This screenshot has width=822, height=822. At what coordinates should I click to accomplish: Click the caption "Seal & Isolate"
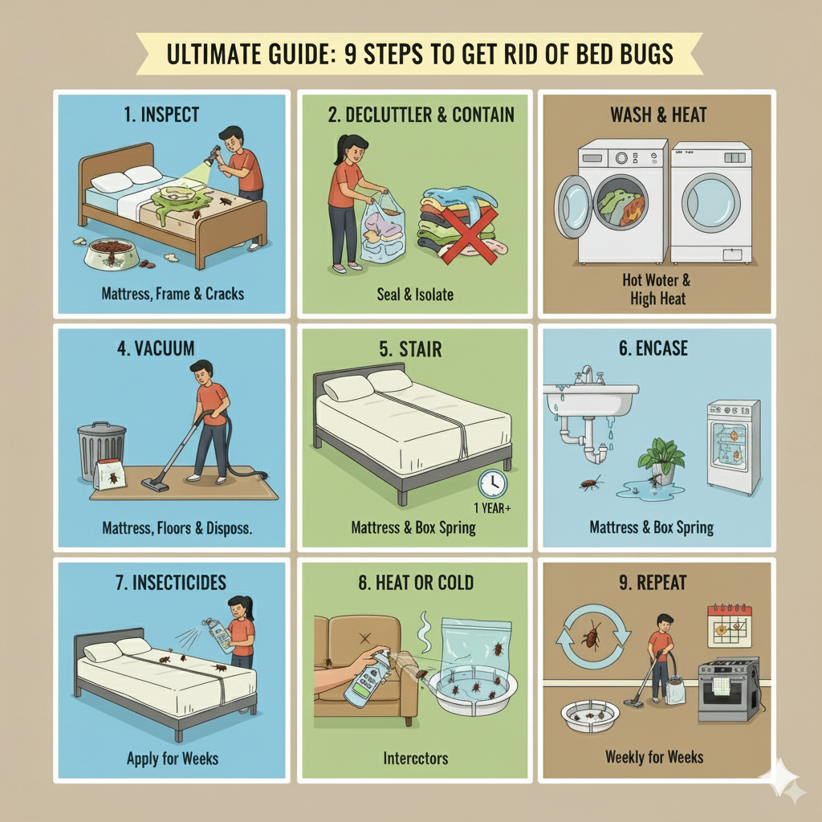[414, 295]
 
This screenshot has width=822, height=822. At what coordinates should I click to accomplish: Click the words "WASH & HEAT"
[659, 114]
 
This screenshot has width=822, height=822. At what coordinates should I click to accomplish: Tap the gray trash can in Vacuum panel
[101, 453]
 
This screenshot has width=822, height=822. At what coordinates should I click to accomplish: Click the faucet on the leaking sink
[588, 374]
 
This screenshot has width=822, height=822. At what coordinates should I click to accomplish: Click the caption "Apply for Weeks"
[173, 758]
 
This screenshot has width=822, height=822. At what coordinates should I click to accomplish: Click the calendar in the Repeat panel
[729, 625]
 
